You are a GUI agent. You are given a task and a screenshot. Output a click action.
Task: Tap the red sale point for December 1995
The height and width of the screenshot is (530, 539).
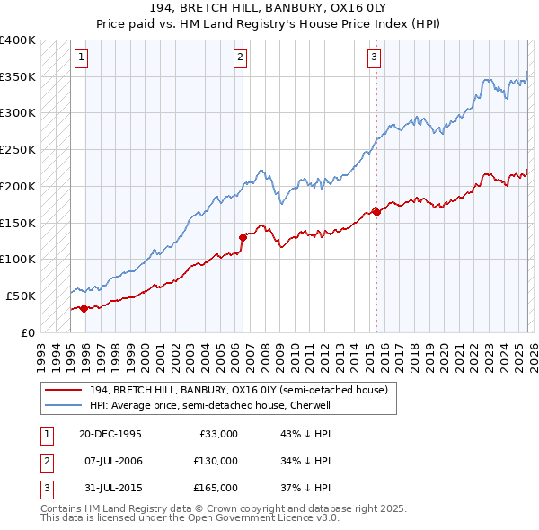click(84, 308)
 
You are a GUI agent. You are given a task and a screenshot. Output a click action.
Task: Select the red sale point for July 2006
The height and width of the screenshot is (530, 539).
click(243, 237)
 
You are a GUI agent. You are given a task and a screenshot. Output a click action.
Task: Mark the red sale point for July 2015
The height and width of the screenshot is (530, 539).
click(376, 212)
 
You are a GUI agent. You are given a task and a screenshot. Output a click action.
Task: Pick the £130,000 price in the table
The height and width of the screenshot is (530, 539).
click(216, 461)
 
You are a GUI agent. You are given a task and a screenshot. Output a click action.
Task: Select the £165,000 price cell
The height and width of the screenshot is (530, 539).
click(216, 489)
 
